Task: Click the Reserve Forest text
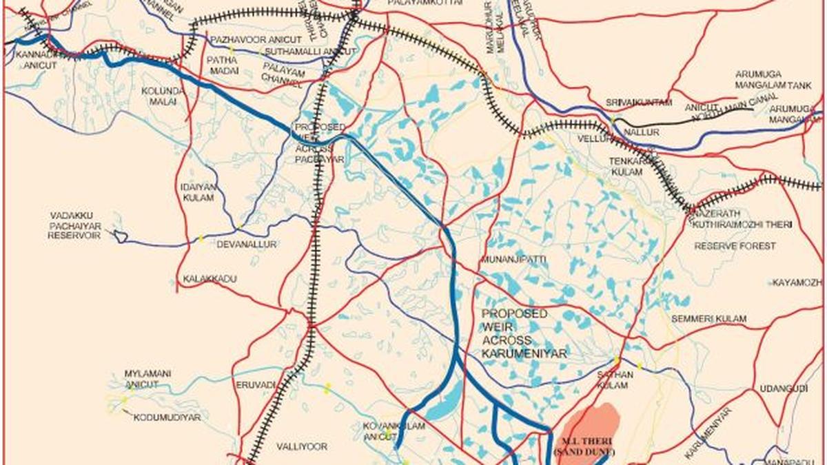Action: [735, 246]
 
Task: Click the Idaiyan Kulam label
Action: [199, 192]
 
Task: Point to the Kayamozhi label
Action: [797, 283]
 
